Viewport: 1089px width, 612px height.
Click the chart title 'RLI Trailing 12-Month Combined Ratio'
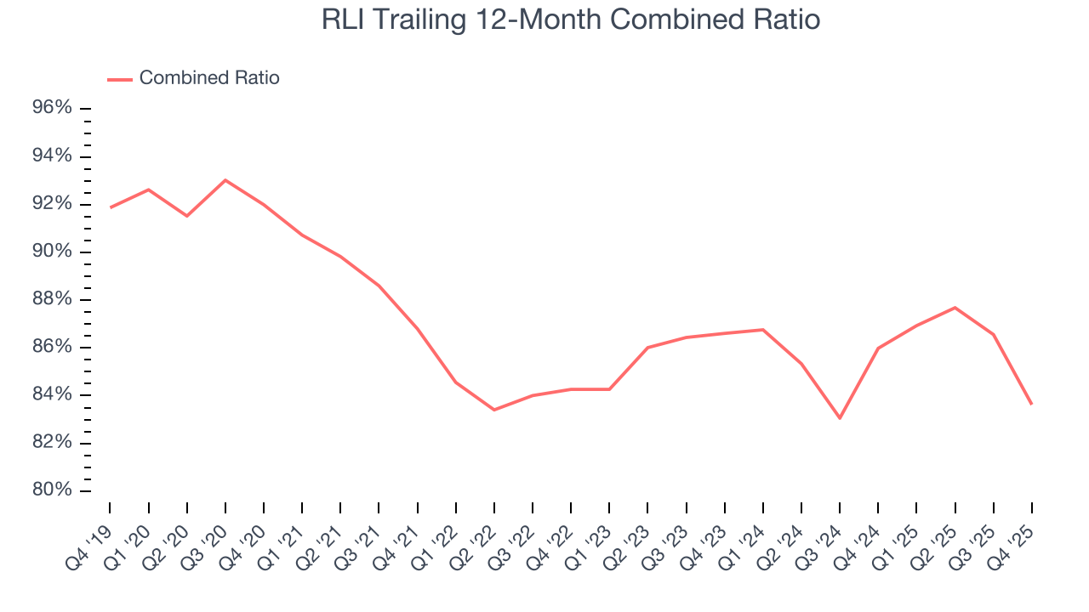570,19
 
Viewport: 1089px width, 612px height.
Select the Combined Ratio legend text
209,78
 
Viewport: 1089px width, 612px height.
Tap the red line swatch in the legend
120,79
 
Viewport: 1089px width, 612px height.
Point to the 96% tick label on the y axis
51,109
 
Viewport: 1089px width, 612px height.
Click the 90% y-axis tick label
51,252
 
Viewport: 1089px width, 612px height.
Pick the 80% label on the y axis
51,491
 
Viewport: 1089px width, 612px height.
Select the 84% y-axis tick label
51,395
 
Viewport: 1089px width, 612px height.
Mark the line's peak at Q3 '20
225,180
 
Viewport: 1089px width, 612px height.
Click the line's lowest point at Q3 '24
840,418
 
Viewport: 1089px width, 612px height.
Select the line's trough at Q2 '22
494,410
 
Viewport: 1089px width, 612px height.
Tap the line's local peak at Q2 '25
955,308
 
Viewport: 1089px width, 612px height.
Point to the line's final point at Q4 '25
1031,404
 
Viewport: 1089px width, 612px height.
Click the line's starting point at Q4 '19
111,207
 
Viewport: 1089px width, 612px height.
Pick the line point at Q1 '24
763,330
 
